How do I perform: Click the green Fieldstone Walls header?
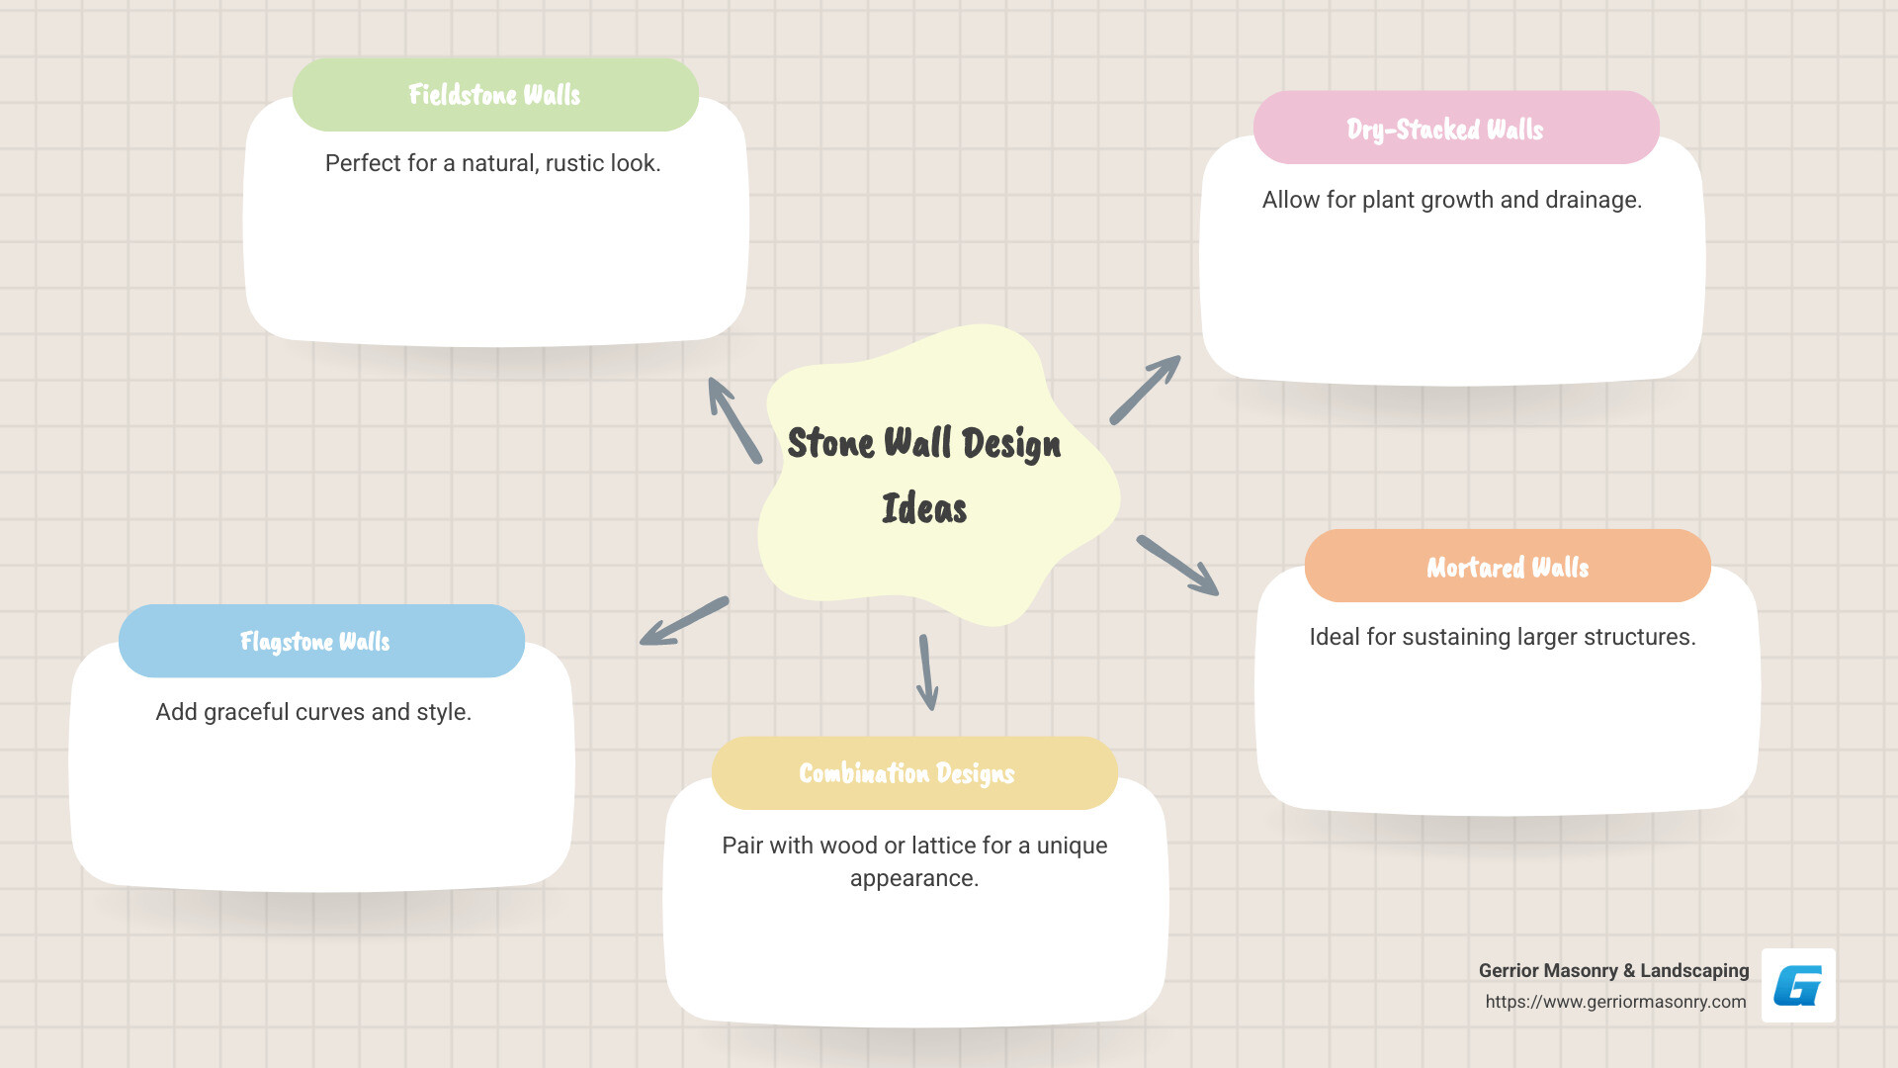tap(495, 95)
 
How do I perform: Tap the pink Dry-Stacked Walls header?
tap(1455, 129)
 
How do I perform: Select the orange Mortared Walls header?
tap(1507, 567)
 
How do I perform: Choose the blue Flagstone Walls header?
tap(320, 642)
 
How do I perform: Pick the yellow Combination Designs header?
tap(913, 773)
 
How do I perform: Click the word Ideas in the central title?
tap(924, 508)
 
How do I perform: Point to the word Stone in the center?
tap(830, 443)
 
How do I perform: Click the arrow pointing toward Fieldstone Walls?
tap(733, 419)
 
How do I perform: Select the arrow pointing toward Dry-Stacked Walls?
tap(1146, 390)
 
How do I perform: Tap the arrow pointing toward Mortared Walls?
tap(1177, 566)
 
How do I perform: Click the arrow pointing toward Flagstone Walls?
tap(683, 621)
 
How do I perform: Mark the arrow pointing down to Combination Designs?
tap(926, 672)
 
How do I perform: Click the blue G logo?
tap(1798, 986)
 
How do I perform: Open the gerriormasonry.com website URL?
tap(1615, 1002)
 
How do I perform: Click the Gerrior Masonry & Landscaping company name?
tap(1613, 971)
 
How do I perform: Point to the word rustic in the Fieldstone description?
tap(575, 163)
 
